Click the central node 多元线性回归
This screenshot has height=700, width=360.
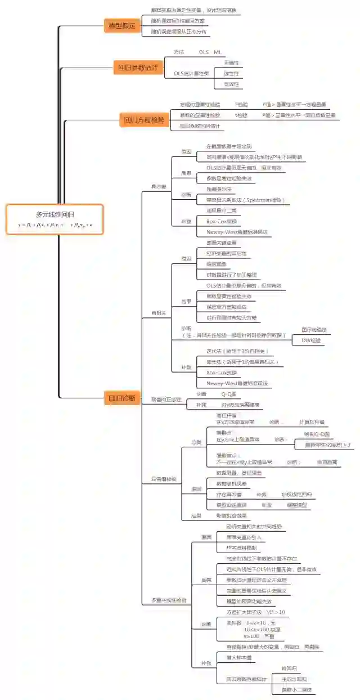click(55, 214)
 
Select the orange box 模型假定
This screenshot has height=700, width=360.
click(121, 26)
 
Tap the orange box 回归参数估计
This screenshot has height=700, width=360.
click(137, 68)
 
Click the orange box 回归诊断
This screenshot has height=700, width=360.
click(122, 398)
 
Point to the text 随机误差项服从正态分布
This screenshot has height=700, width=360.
click(179, 32)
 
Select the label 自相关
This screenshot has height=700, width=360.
click(159, 312)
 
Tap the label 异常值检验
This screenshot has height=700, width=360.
click(163, 479)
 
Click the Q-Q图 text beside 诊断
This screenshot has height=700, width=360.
click(228, 394)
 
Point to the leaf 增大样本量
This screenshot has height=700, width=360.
click(238, 657)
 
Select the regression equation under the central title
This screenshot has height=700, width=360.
click(55, 225)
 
